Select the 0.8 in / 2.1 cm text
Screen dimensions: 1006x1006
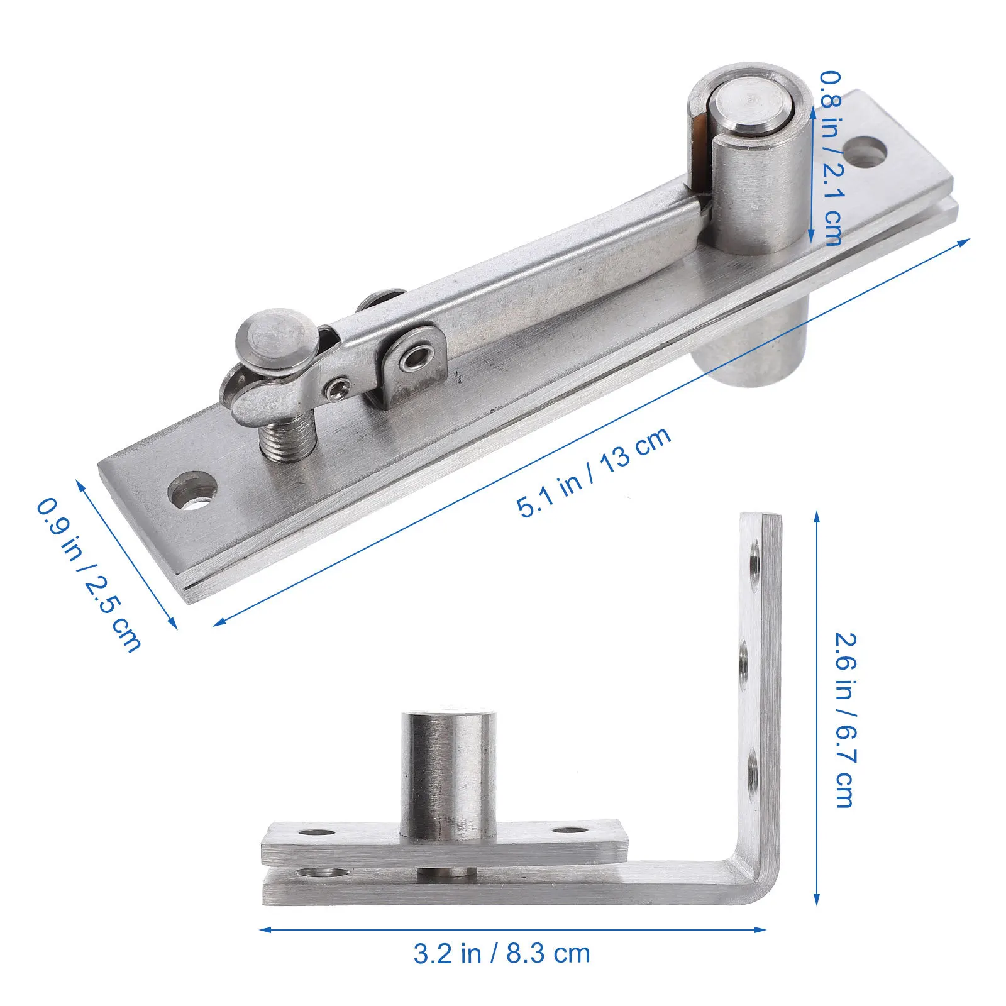point(831,157)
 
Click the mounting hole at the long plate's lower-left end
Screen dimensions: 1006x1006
point(192,489)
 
